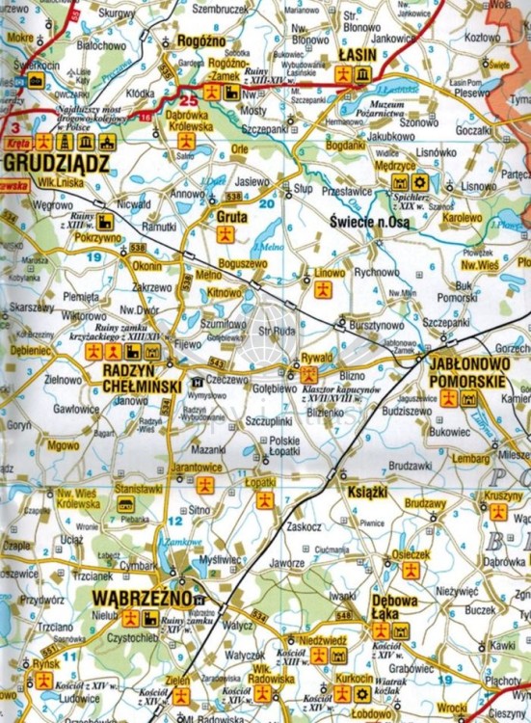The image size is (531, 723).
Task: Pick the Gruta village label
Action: (x=231, y=217)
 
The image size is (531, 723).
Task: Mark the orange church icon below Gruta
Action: (x=225, y=234)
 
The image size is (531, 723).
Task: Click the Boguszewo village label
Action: (x=242, y=262)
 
